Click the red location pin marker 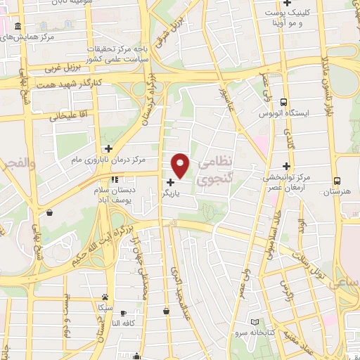181,165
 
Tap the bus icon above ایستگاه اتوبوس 283,101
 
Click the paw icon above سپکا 105,297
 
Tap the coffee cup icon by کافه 124,313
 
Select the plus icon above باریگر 171,183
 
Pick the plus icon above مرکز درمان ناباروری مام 108,148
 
